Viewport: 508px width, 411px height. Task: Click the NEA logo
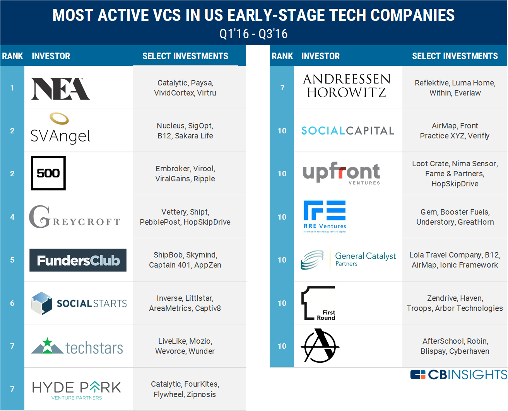click(x=60, y=89)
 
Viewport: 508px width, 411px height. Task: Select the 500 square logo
click(x=48, y=173)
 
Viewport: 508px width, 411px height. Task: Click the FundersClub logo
click(x=78, y=260)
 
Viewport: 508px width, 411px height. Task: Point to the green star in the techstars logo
click(x=48, y=343)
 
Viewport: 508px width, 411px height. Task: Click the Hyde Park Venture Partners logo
click(x=77, y=390)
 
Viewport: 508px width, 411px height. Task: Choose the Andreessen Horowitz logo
click(x=347, y=86)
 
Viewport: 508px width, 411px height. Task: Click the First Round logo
click(x=318, y=303)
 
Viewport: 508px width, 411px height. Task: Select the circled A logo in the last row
click(x=320, y=346)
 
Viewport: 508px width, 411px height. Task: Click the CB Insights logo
click(x=458, y=375)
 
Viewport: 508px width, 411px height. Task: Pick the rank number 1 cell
click(x=12, y=88)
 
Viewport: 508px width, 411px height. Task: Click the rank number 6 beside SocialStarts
click(x=12, y=303)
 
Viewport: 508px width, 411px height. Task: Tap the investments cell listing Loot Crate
click(x=455, y=174)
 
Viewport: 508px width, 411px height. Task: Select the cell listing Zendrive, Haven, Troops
click(x=455, y=303)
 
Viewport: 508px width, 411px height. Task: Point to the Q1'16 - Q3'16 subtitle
click(x=253, y=34)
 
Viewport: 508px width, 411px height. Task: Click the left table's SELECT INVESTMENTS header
click(x=185, y=56)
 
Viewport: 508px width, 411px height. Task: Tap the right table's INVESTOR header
click(x=320, y=56)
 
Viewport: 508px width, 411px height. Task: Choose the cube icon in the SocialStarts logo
click(x=41, y=303)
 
